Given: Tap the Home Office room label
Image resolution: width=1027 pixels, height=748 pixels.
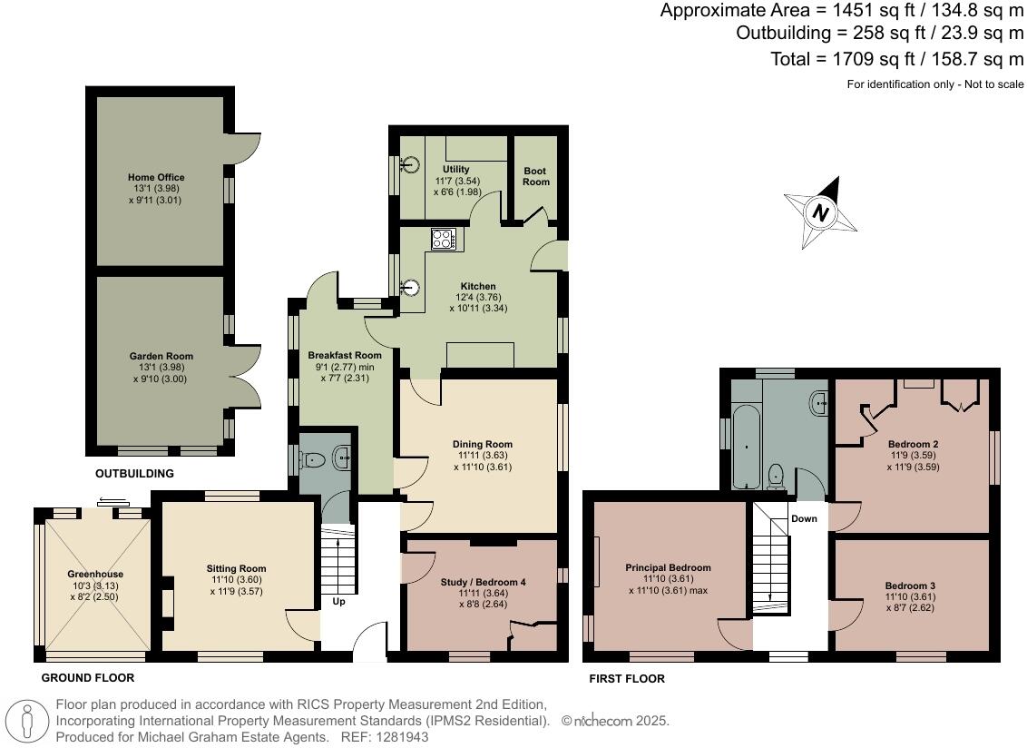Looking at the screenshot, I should point(156,178).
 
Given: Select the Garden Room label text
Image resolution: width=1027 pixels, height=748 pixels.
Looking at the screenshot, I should point(161,357).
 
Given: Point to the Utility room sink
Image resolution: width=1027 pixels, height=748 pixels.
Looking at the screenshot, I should point(412,164).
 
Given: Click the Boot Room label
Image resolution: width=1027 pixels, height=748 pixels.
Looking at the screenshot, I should point(536,176).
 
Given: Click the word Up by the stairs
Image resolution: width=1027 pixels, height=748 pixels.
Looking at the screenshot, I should point(337,601).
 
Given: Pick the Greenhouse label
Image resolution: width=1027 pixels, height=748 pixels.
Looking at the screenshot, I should point(95,575).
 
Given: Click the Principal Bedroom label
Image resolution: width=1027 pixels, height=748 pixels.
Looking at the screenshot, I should point(668,568).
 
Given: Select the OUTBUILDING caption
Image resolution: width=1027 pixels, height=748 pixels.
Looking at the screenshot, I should point(134,474).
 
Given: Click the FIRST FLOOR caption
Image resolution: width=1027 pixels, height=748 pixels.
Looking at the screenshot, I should point(627,679).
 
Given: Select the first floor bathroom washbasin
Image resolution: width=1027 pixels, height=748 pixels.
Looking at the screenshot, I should point(820,402).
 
